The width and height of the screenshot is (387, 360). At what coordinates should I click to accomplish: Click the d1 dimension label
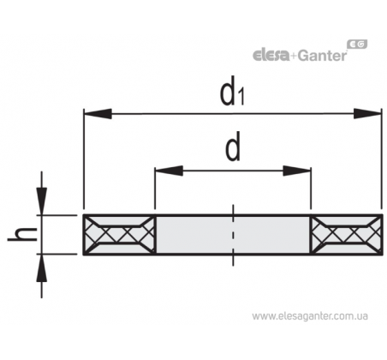click(232, 91)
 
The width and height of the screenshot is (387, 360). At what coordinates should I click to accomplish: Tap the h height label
click(22, 235)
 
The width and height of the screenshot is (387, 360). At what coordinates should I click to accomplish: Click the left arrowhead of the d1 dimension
click(98, 114)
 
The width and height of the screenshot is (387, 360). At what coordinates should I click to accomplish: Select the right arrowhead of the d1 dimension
click(367, 114)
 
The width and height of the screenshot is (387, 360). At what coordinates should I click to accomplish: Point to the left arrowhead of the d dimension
click(169, 171)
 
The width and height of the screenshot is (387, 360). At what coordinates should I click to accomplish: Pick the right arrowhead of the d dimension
click(297, 171)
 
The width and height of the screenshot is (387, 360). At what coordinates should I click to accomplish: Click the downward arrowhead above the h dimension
click(42, 201)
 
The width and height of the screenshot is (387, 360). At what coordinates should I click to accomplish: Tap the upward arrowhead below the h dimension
click(42, 268)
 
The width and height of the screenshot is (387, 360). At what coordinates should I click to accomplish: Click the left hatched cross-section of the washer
click(120, 234)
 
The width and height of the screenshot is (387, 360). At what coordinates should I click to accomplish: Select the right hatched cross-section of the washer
click(347, 234)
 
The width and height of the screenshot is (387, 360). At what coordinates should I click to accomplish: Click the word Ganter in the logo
click(322, 56)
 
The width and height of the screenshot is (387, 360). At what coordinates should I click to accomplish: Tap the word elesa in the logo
click(271, 55)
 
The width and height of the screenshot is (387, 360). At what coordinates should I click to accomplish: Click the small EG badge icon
click(357, 45)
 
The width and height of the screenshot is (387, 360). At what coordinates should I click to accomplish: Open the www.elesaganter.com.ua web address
click(310, 316)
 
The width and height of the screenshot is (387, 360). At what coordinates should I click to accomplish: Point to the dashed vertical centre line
click(233, 236)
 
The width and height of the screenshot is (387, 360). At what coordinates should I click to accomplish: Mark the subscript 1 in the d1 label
click(241, 97)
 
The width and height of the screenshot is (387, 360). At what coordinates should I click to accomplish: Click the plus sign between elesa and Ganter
click(294, 57)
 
